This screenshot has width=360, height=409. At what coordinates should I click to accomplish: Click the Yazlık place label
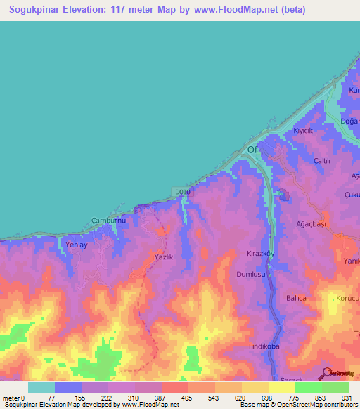163,257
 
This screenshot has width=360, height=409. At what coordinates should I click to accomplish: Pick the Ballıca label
296,298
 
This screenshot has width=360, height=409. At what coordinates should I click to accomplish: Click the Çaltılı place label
322,161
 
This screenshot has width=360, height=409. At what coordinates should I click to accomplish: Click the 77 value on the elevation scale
54,398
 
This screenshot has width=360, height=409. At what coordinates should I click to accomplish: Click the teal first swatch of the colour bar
41,387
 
